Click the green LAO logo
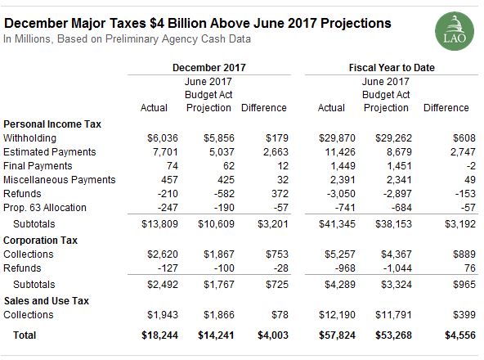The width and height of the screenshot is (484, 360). (x=452, y=29)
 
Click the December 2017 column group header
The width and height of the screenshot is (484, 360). (x=210, y=66)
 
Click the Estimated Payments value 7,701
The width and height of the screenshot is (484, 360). (x=155, y=151)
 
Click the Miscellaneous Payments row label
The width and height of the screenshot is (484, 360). (x=50, y=180)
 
